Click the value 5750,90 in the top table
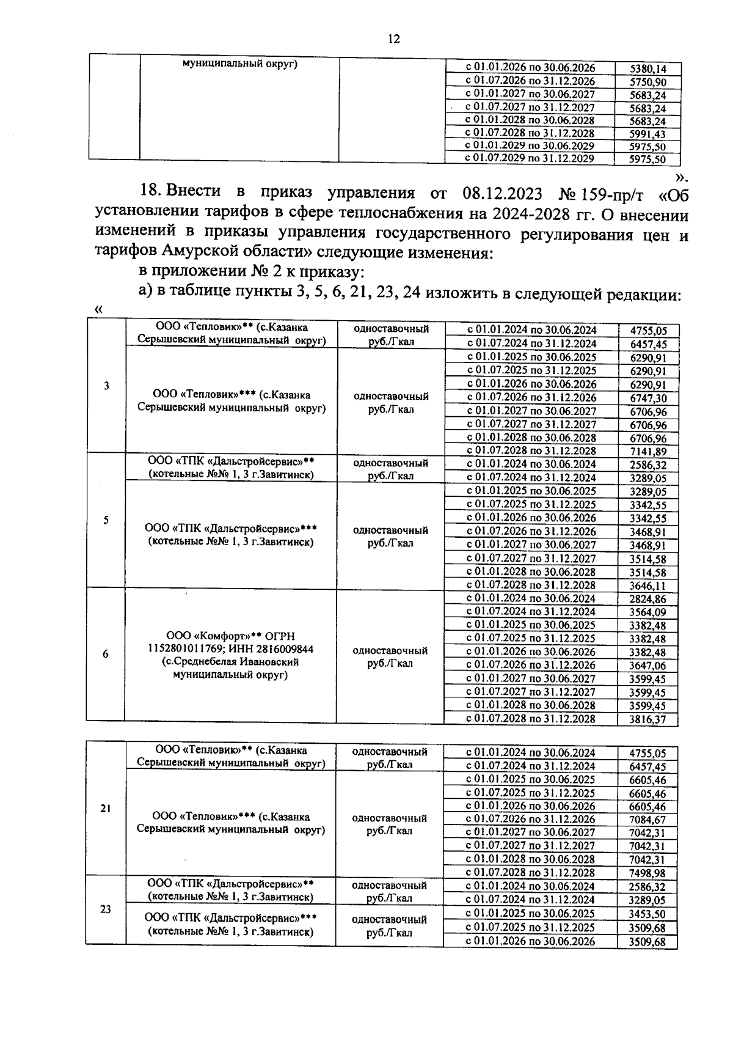click(647, 83)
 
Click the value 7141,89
click(648, 452)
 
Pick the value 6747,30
click(648, 398)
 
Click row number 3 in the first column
click(107, 386)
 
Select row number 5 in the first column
click(106, 520)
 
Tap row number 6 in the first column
click(106, 654)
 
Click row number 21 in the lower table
click(106, 809)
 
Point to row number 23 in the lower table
click(106, 909)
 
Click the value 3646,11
click(648, 586)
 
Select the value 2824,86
click(648, 600)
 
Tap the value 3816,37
click(648, 720)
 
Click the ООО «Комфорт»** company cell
click(230, 655)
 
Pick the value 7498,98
click(648, 873)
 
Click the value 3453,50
click(648, 914)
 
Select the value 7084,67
click(648, 820)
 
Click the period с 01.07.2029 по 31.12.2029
click(530, 158)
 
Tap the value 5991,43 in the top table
click(647, 134)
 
